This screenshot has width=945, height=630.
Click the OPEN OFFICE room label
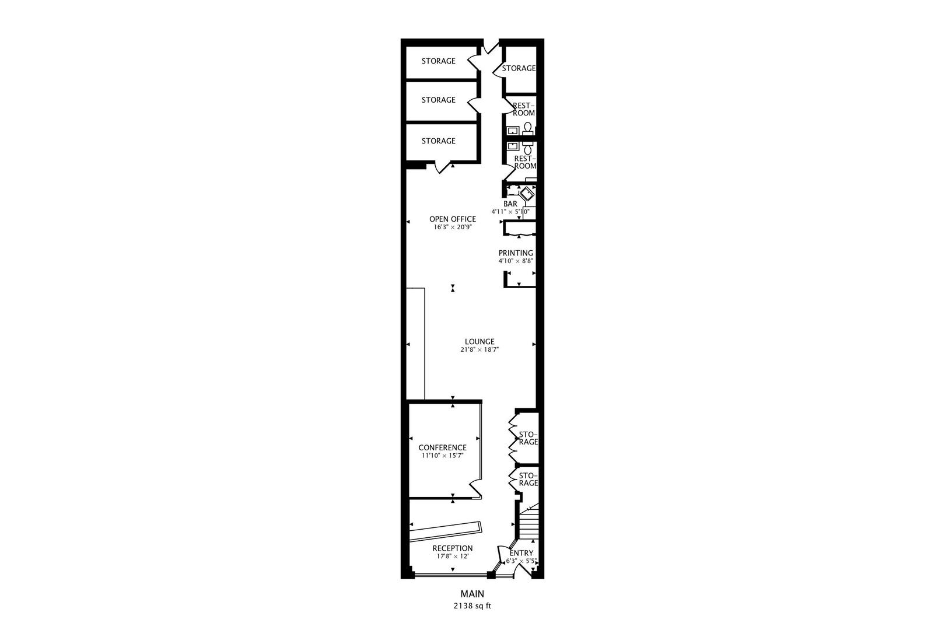coord(452,219)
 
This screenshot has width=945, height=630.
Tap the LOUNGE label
coord(480,342)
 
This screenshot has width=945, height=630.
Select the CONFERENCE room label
coord(443,447)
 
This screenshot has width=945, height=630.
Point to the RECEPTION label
coord(453,548)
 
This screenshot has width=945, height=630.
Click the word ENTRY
coord(521,553)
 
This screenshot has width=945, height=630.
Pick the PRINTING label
coord(516,253)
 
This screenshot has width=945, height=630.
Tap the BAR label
coord(510,204)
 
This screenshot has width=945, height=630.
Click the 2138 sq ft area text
coord(473,606)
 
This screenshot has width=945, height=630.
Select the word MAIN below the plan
coord(473,594)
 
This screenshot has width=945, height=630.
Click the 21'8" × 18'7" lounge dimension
coord(480,349)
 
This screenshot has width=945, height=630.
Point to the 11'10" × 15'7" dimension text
coord(443,456)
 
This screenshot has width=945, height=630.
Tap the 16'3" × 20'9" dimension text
coord(452,227)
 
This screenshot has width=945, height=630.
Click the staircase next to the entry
coord(528,523)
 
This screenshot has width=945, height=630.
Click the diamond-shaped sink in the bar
coord(527,194)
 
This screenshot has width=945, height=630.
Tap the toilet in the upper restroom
coord(527,128)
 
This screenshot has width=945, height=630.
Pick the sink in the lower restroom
coord(513,146)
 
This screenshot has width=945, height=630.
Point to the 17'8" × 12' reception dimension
coord(453,556)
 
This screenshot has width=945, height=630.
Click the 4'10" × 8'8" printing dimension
coord(516,261)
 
